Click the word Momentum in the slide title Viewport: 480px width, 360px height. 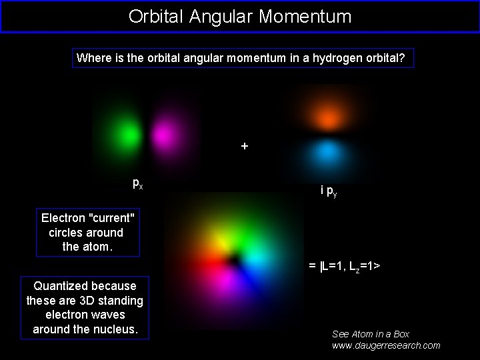click(305, 16)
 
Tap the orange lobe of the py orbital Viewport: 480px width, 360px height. click(327, 118)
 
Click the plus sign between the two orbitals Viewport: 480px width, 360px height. click(245, 145)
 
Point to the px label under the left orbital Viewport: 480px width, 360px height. click(137, 183)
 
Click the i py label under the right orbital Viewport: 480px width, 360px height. click(328, 191)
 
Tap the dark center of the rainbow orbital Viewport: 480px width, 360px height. click(234, 258)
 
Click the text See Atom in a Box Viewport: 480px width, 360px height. click(371, 333)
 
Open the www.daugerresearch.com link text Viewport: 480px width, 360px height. click(386, 345)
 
